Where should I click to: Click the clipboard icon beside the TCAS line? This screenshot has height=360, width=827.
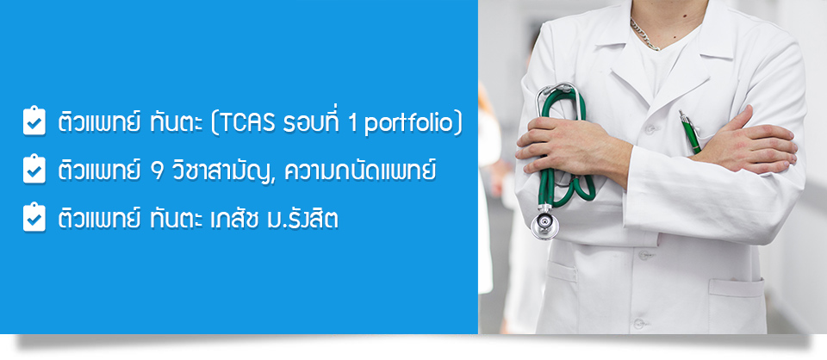click(x=34, y=121)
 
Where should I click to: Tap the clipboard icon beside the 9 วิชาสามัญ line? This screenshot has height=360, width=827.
click(x=34, y=169)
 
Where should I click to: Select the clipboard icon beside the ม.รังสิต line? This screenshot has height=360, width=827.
click(x=34, y=217)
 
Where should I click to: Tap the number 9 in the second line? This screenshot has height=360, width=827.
click(x=156, y=172)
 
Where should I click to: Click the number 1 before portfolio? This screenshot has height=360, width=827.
click(x=353, y=124)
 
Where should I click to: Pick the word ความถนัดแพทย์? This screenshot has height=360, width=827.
click(x=360, y=169)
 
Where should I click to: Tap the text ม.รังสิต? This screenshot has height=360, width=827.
click(x=302, y=218)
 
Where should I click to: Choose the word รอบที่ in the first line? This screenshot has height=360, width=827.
click(x=311, y=121)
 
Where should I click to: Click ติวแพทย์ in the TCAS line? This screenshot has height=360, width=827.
click(x=99, y=121)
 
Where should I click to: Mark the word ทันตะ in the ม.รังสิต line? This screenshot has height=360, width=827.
click(x=171, y=219)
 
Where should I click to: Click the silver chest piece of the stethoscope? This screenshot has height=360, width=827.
click(x=544, y=225)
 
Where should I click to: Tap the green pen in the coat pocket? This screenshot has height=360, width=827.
click(x=689, y=132)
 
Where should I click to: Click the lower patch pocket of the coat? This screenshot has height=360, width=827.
click(x=737, y=306)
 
